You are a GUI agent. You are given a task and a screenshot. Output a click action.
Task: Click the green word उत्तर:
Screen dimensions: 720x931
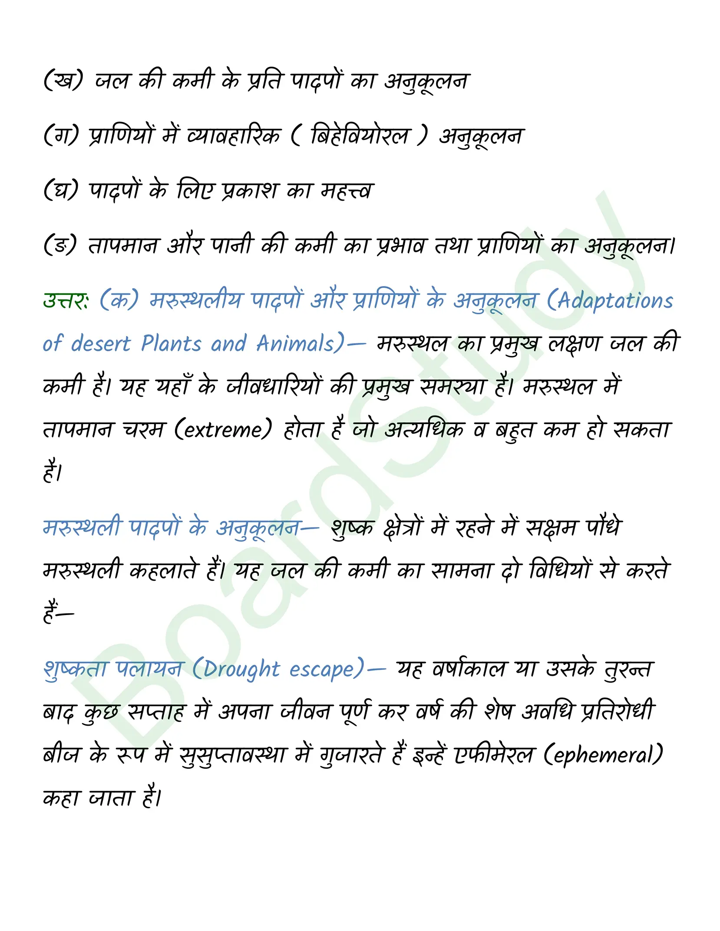(66, 300)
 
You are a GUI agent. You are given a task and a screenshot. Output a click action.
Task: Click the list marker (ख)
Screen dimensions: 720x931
(63, 80)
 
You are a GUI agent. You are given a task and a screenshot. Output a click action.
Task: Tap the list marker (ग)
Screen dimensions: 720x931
(61, 135)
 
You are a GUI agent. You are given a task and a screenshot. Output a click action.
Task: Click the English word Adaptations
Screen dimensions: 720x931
(615, 300)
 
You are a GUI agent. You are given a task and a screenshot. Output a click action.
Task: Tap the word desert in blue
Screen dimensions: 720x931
(101, 344)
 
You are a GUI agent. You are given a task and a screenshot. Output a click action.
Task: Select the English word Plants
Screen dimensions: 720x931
(171, 344)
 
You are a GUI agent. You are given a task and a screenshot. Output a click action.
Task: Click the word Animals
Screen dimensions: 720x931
(295, 344)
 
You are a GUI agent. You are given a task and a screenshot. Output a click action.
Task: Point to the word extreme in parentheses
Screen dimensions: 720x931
(223, 430)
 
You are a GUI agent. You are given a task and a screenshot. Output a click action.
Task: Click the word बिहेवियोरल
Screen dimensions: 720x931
(360, 135)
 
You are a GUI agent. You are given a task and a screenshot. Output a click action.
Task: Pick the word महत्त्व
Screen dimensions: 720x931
(347, 190)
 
